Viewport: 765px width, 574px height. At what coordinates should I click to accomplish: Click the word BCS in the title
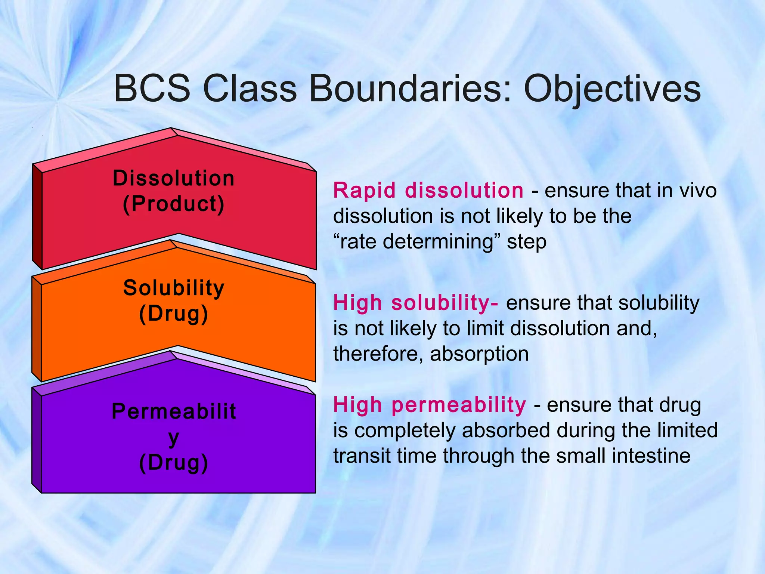152,89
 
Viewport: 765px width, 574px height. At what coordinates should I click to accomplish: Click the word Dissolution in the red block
174,178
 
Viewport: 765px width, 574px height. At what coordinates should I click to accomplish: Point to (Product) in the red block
174,204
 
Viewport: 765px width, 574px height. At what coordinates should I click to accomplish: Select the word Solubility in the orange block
174,288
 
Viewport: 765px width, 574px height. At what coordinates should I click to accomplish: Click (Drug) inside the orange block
174,314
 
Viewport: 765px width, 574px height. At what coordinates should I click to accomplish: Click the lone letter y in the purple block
174,438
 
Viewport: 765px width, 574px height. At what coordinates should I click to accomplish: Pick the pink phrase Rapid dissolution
428,191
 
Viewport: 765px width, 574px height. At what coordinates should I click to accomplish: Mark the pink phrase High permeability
430,405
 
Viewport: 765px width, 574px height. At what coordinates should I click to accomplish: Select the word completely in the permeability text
405,430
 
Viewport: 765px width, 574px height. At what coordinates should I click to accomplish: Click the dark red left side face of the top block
37,217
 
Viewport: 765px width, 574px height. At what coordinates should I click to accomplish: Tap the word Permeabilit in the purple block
174,412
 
